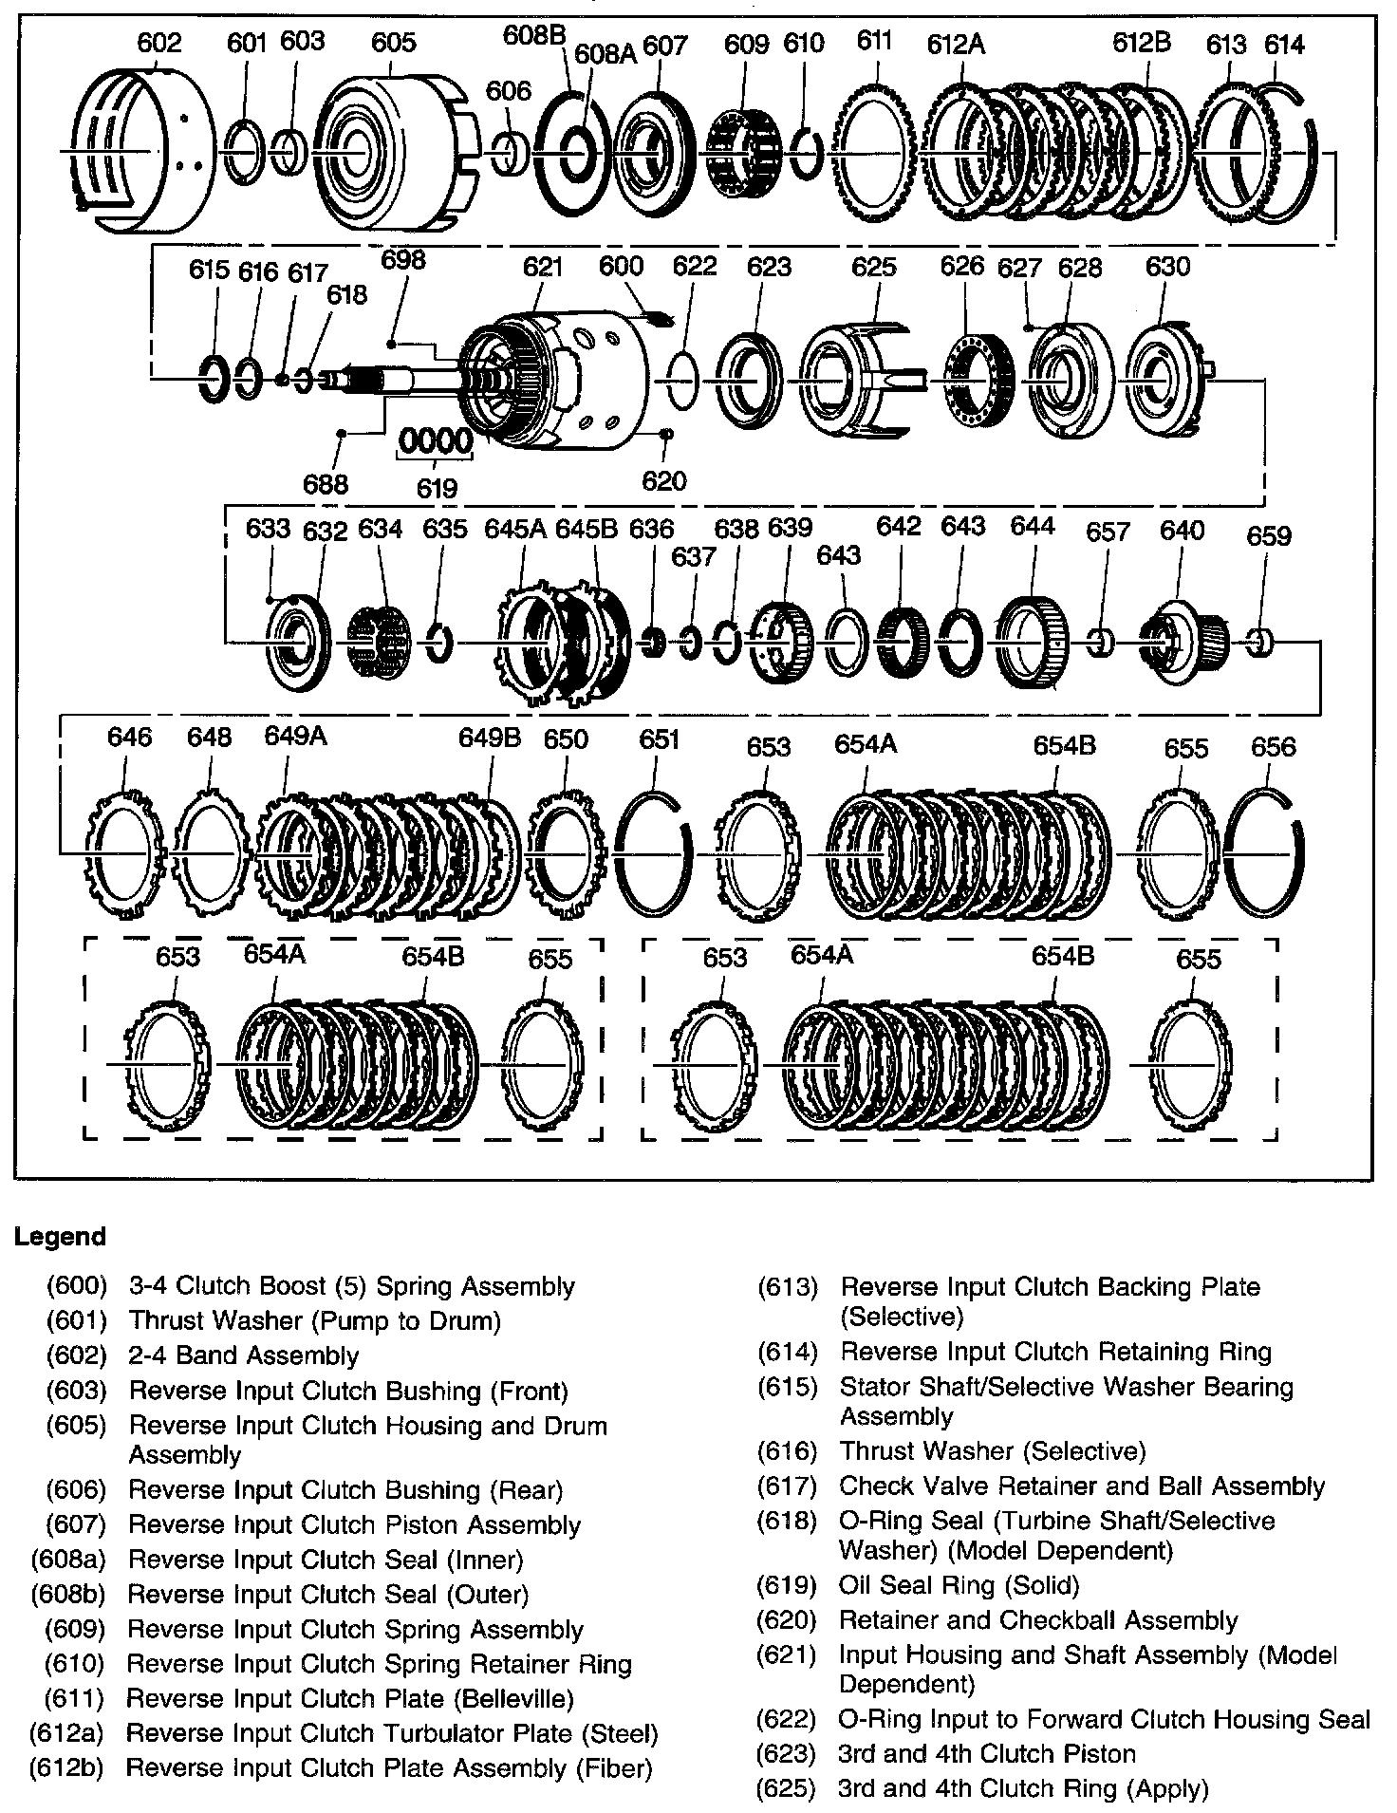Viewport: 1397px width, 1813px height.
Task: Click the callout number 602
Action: coord(158,43)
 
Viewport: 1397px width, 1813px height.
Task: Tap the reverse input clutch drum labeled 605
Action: coord(384,152)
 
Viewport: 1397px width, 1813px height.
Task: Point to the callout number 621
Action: coord(542,267)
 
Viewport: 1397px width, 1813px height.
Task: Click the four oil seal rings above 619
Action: coord(436,441)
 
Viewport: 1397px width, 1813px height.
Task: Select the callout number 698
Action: coord(402,259)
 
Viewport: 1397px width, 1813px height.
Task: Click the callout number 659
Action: coord(1269,535)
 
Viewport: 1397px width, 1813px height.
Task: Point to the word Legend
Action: coord(60,1237)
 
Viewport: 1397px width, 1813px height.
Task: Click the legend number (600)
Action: coord(76,1286)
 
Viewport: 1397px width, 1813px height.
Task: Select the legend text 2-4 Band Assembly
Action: coord(244,1355)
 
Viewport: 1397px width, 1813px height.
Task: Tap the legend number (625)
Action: coord(787,1788)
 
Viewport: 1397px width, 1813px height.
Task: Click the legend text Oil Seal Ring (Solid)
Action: coord(959,1585)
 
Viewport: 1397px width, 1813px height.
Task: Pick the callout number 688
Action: coord(326,484)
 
